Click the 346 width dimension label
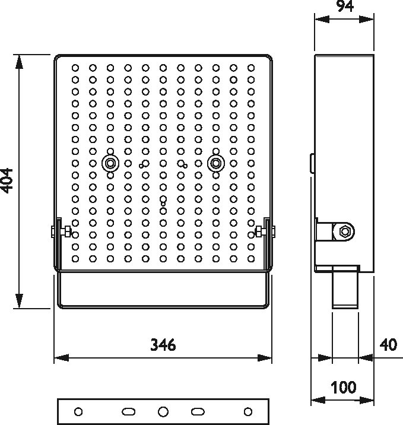point(163,345)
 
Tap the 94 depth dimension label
point(345,7)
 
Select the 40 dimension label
point(388,344)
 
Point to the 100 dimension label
point(343,388)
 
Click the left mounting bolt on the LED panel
point(110,163)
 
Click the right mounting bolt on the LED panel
point(216,163)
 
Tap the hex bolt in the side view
point(345,231)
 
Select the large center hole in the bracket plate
point(163,412)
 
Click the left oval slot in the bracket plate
point(128,412)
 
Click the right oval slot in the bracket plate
point(198,412)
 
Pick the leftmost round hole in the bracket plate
point(78,412)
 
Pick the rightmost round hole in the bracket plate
point(247,412)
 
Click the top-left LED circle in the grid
point(75,68)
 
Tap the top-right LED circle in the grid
point(251,68)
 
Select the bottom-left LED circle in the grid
point(75,259)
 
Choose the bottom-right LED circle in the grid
point(251,259)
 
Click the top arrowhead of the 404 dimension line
point(19,62)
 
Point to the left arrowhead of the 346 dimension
point(61,358)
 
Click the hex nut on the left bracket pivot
point(66,231)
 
